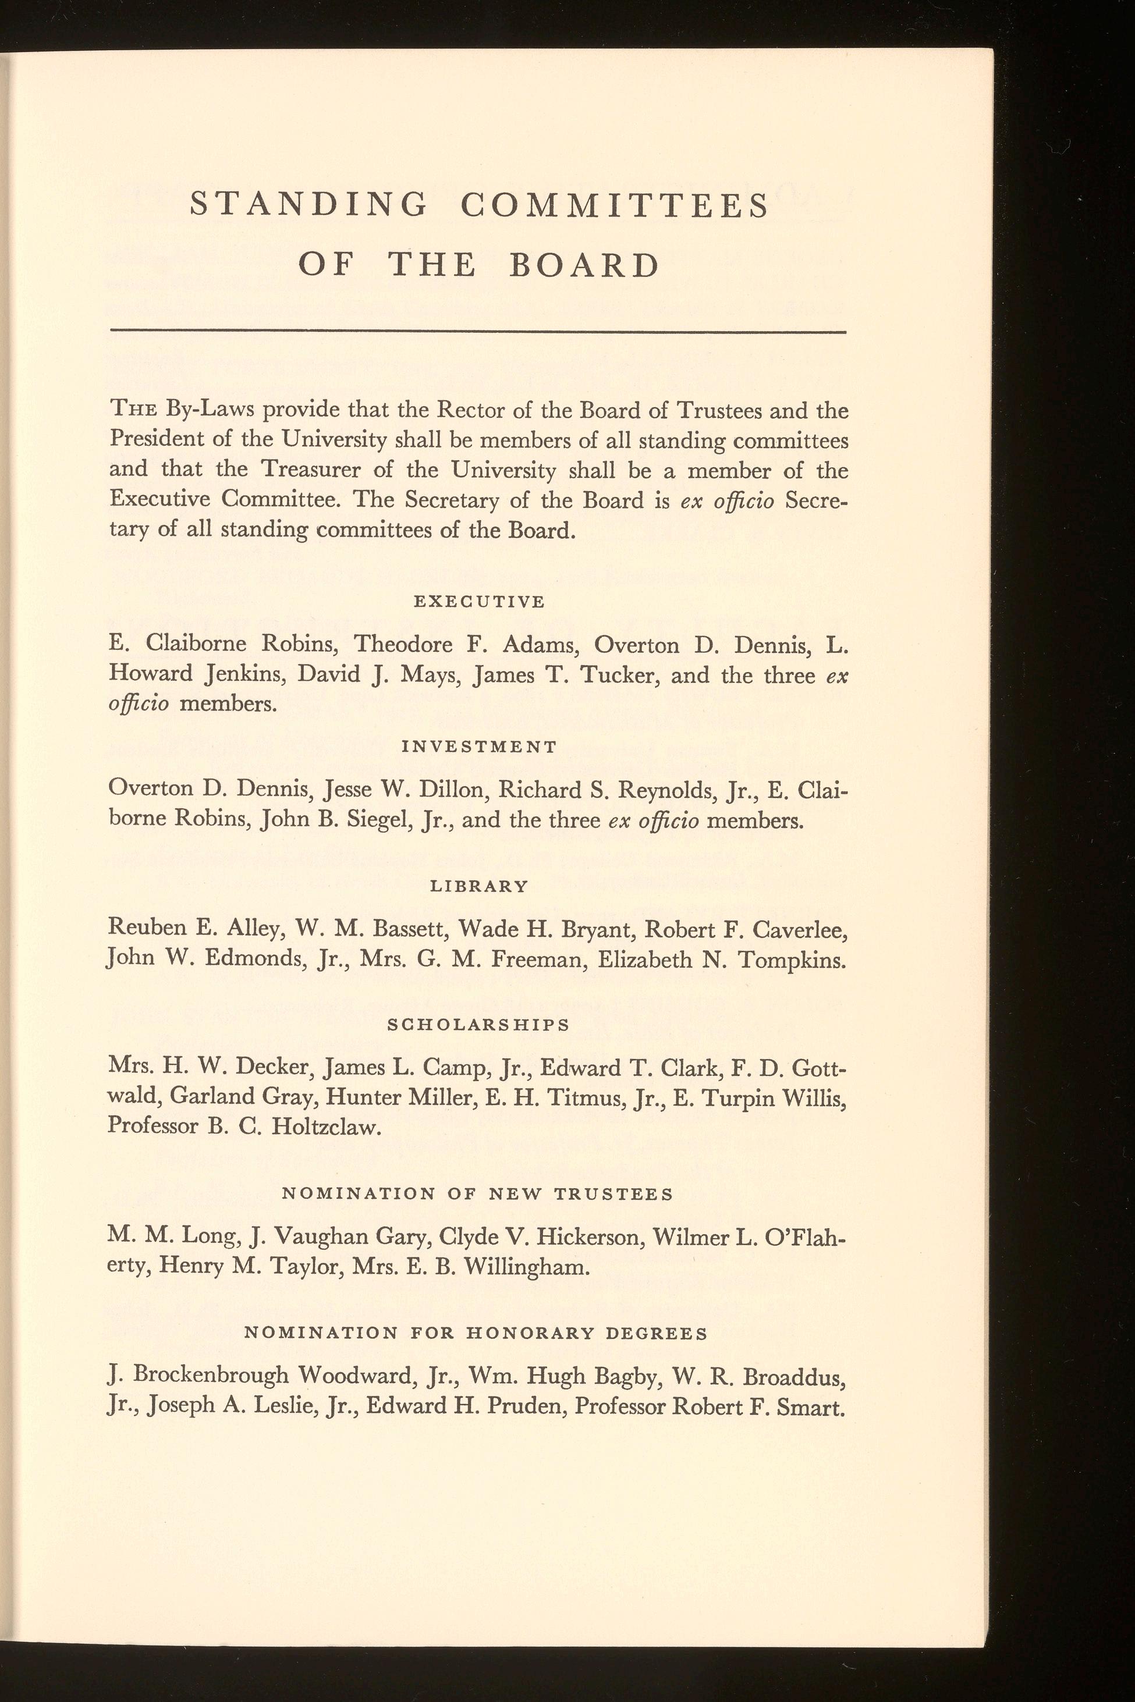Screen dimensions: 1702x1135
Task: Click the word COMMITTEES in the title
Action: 615,205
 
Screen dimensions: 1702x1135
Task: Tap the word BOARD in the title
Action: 584,267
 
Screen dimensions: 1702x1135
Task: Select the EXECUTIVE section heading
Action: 478,601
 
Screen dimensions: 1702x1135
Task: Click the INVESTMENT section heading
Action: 479,746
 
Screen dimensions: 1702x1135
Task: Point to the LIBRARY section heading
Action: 479,886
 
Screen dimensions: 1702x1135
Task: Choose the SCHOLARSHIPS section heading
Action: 478,1025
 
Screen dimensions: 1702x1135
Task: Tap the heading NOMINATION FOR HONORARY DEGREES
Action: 476,1333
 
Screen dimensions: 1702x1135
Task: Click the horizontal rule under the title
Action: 477,332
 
